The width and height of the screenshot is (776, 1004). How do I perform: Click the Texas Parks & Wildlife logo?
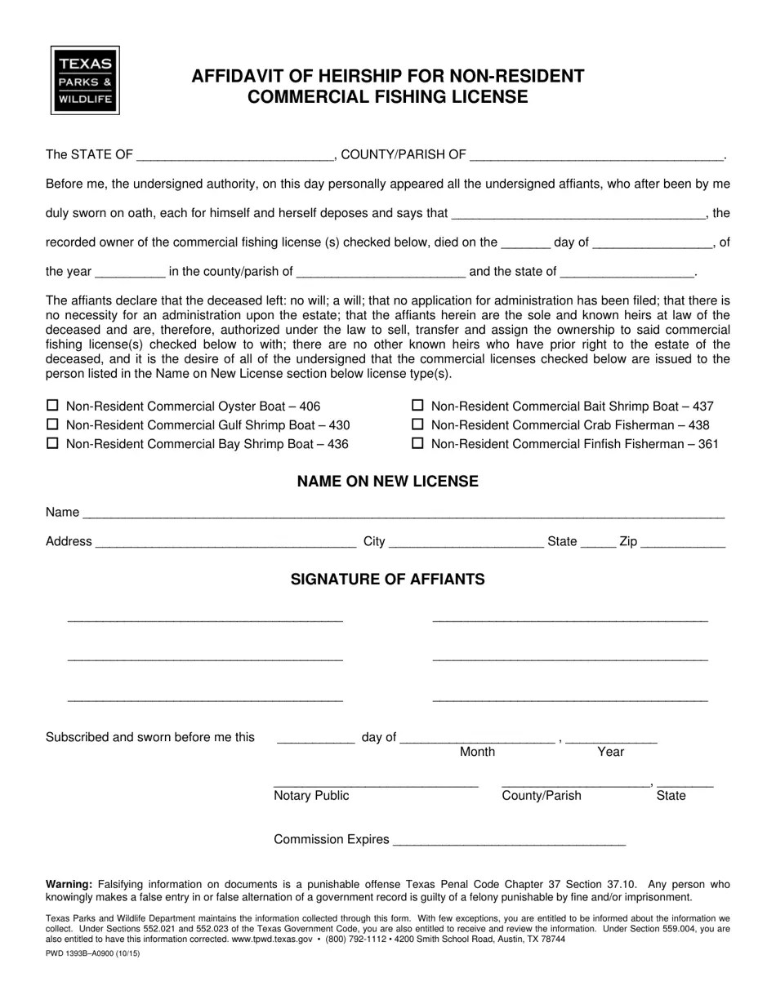[85, 80]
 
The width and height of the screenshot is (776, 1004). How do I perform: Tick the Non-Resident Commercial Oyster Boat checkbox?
[53, 406]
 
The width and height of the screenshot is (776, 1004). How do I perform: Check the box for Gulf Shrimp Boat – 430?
[53, 424]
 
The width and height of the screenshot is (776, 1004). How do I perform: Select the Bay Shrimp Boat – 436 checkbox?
[53, 443]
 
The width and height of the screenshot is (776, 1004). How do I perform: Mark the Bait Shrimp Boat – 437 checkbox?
[417, 406]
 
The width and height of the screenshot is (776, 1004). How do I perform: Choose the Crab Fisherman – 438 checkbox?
[417, 424]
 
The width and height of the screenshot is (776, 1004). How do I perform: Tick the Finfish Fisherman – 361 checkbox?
[417, 443]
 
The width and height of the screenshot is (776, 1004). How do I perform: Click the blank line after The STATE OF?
[235, 155]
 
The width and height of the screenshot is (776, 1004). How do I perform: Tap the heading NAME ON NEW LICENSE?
[387, 482]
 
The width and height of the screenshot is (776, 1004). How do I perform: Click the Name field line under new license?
[404, 513]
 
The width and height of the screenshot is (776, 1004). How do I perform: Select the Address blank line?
[225, 542]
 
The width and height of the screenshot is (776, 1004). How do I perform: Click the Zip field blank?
[684, 542]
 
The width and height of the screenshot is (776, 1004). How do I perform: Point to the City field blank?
[466, 542]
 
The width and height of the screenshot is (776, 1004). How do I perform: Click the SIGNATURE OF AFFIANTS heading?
[387, 580]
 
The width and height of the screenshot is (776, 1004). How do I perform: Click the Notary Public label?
[311, 796]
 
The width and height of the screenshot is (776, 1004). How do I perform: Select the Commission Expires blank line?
[509, 840]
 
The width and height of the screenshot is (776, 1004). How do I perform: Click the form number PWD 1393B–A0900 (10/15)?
[92, 953]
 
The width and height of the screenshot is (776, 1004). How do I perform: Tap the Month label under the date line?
[477, 752]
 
